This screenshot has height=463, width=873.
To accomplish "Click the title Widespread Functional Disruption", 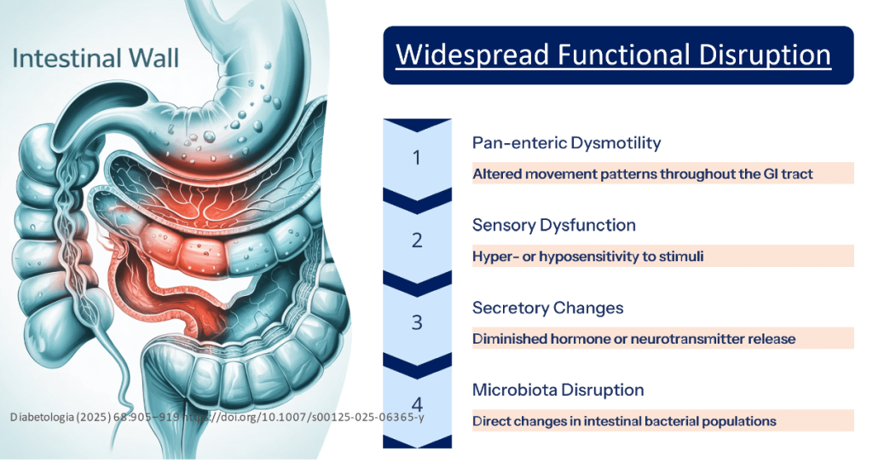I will pyautogui.click(x=614, y=55).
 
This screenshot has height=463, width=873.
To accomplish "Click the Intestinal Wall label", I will pyautogui.click(x=95, y=59).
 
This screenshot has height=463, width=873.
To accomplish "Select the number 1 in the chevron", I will pyautogui.click(x=416, y=158).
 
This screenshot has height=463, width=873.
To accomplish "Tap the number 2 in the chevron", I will pyautogui.click(x=416, y=240).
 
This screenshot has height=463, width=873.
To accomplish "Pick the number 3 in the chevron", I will pyautogui.click(x=416, y=322).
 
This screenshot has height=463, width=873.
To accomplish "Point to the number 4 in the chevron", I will pyautogui.click(x=416, y=404).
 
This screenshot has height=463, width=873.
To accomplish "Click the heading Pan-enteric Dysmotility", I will pyautogui.click(x=566, y=142).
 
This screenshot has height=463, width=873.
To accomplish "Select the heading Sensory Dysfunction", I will pyautogui.click(x=553, y=225).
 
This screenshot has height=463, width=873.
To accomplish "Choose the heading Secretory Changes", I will pyautogui.click(x=547, y=308).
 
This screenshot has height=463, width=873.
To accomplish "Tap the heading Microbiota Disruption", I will pyautogui.click(x=558, y=390).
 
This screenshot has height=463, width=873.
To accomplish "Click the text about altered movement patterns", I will pyautogui.click(x=643, y=174).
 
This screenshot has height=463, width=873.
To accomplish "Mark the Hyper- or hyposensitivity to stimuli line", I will pyautogui.click(x=587, y=257).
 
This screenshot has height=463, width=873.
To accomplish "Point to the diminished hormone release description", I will pyautogui.click(x=633, y=339).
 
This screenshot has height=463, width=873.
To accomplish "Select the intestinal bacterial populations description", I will pyautogui.click(x=624, y=421).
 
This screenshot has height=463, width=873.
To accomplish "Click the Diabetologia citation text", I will pyautogui.click(x=217, y=417).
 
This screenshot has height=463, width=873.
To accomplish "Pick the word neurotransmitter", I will pyautogui.click(x=688, y=339).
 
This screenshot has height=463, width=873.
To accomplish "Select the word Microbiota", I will pyautogui.click(x=515, y=390).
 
